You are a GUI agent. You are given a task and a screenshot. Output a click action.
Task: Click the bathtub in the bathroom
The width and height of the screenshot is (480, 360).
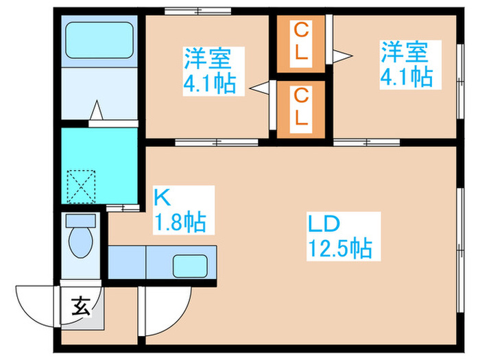[x=99, y=40]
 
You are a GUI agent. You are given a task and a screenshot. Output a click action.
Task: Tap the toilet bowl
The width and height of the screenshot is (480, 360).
[x=81, y=243]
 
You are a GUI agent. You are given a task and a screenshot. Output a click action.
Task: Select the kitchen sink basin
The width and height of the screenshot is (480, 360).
[x=190, y=266]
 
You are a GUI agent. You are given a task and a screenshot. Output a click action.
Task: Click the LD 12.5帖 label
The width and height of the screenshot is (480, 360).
[x=340, y=237]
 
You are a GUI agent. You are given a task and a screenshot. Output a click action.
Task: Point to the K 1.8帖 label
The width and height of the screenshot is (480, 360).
[x=180, y=210]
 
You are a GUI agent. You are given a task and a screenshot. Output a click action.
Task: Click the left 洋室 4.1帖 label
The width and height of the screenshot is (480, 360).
[x=210, y=71]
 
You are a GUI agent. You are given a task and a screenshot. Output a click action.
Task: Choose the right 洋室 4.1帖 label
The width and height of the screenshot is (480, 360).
[x=407, y=64]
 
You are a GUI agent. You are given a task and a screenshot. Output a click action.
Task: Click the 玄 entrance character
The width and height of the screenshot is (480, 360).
[x=81, y=306]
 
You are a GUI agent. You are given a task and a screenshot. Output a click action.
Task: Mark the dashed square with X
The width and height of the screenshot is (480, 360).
[x=81, y=187]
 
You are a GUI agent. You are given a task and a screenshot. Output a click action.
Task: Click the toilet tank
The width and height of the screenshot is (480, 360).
[x=81, y=221]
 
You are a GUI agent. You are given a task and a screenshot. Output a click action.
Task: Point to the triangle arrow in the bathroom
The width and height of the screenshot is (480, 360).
[x=97, y=110]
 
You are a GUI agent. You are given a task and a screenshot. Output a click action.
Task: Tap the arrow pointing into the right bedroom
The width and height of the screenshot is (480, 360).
[x=343, y=56]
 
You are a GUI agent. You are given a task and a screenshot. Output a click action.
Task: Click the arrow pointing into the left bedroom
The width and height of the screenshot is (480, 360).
[x=259, y=88]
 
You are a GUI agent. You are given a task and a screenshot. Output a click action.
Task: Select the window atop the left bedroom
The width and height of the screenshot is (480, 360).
[x=197, y=12]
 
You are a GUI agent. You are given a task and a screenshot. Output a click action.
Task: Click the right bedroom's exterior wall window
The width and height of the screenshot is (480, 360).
[x=460, y=81]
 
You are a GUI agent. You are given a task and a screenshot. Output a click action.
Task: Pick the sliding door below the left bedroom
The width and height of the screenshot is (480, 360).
[x=217, y=143]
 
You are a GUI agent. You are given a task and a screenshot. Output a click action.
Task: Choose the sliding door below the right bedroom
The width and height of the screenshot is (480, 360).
[x=367, y=143]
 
